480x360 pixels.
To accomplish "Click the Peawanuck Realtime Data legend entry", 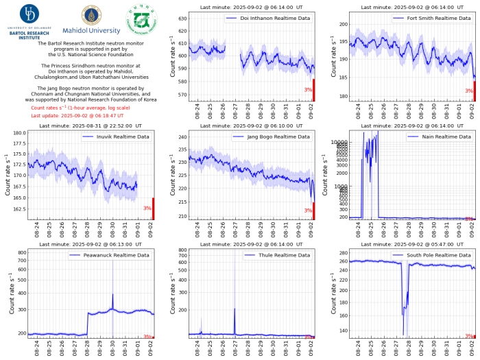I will (113, 255).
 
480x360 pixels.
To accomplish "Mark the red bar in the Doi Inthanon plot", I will (314, 90).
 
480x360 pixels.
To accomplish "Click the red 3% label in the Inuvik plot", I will (147, 208).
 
